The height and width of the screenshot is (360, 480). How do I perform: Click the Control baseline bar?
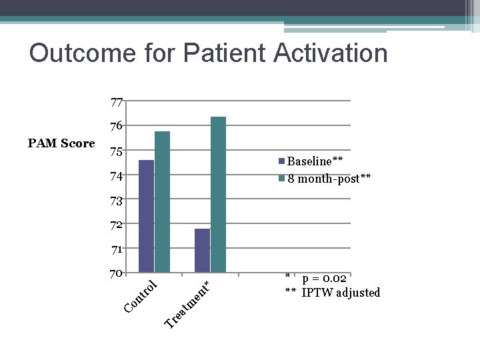[146, 216]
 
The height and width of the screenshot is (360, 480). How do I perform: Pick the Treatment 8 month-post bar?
[218, 194]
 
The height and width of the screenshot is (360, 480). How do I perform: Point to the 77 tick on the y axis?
[117, 103]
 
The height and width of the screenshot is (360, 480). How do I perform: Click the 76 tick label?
[117, 127]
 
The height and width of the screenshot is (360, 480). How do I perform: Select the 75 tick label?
[117, 151]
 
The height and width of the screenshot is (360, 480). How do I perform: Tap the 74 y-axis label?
[117, 176]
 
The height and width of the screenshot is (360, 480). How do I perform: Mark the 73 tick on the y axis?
[117, 200]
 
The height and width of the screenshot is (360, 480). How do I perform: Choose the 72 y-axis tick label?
[117, 225]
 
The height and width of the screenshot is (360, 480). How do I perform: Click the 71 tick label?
[117, 249]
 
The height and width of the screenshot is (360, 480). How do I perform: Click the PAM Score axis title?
[61, 143]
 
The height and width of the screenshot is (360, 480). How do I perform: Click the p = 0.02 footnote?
[323, 279]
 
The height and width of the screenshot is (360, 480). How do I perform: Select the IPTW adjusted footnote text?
[340, 293]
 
